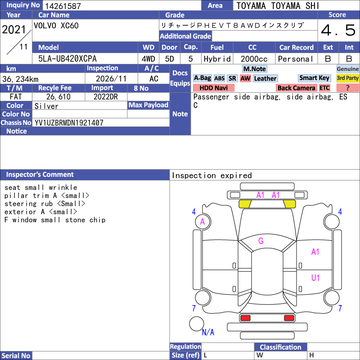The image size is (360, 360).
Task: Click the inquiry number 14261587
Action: pyautogui.click(x=63, y=6)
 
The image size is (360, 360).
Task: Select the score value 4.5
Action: pyautogui.click(x=338, y=30)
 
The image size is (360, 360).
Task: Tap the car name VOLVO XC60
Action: pyautogui.click(x=56, y=26)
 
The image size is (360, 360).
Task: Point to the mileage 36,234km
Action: pyautogui.click(x=20, y=79)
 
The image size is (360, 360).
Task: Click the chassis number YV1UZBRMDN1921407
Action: pyautogui.click(x=69, y=123)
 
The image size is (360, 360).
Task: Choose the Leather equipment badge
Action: pyautogui.click(x=265, y=78)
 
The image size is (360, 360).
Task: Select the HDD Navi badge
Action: pyautogui.click(x=213, y=88)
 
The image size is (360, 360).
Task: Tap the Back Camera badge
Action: pyautogui.click(x=297, y=88)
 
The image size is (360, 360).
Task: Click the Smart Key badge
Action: pyautogui.click(x=315, y=78)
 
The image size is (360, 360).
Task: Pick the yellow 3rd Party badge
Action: pyautogui.click(x=347, y=78)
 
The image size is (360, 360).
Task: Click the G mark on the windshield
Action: pyautogui.click(x=261, y=241)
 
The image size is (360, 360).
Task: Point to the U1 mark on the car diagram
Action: pyautogui.click(x=315, y=278)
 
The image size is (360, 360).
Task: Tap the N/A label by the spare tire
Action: pyautogui.click(x=208, y=332)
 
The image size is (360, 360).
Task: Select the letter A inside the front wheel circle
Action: pyautogui.click(x=202, y=222)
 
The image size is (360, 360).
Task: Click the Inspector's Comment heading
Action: pyautogui.click(x=40, y=175)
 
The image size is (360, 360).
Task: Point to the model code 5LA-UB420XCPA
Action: pyautogui.click(x=67, y=59)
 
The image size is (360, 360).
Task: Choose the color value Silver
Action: pyautogui.click(x=46, y=106)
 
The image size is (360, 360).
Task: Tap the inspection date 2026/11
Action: pyautogui.click(x=111, y=79)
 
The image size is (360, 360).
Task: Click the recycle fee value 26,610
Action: pyautogui.click(x=58, y=97)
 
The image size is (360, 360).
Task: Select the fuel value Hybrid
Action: pyautogui.click(x=217, y=59)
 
